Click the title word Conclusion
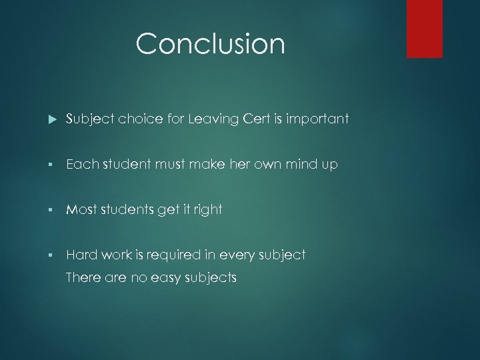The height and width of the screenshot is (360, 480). pos(210,44)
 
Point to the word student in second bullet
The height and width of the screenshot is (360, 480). pos(127,165)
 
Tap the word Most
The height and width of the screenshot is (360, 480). pos(82,210)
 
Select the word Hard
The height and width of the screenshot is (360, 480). pos(81,255)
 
